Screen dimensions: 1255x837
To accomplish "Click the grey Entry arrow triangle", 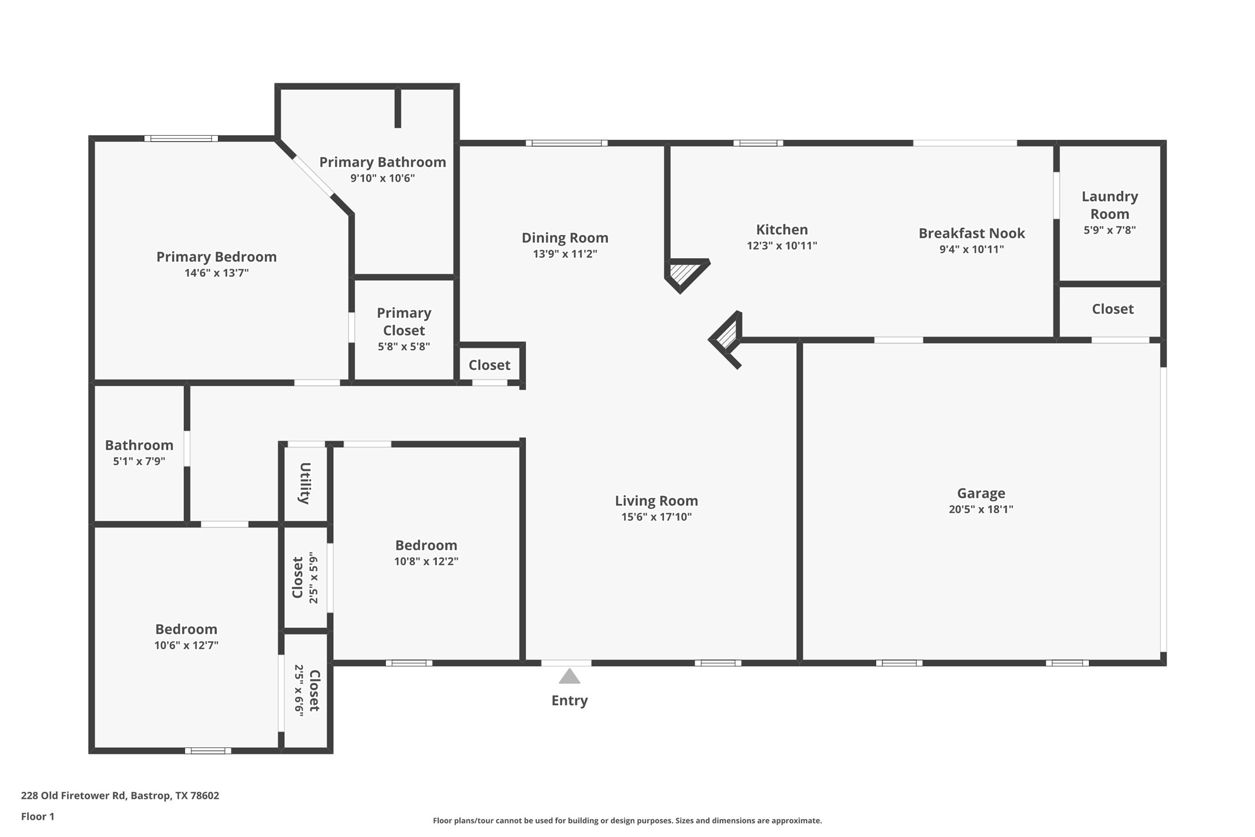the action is [569, 676].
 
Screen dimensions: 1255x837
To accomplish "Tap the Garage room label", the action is [981, 493].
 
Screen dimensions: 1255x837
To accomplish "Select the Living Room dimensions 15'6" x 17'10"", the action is [656, 517].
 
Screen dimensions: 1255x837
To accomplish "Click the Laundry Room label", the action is [1110, 205].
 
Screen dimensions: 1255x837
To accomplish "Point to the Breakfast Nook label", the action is [972, 233].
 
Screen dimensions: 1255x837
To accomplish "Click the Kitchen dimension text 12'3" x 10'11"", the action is [782, 246].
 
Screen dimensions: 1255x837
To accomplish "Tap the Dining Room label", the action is [565, 238].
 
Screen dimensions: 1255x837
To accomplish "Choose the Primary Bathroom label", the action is [383, 162].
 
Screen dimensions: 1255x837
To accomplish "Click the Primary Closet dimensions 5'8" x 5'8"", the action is [404, 347].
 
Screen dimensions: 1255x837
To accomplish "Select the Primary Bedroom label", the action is [217, 257].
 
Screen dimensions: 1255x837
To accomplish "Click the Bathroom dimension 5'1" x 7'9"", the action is [139, 461].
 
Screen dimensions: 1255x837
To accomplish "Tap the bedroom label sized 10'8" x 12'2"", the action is [426, 545].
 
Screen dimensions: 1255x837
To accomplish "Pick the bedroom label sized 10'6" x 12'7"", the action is [186, 629].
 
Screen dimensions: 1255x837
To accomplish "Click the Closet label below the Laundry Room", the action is [1113, 309].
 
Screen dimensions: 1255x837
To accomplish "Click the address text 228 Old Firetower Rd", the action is [73, 795].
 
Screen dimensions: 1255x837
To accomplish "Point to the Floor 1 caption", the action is [38, 816].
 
